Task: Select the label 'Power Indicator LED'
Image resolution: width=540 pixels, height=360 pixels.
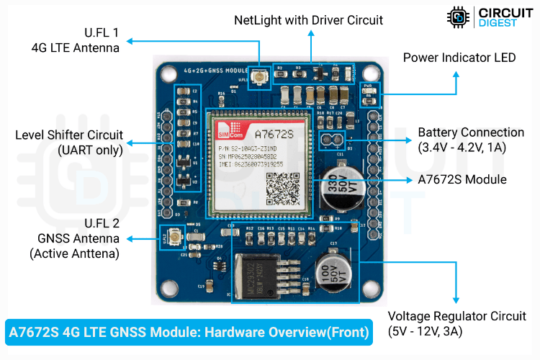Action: click(x=459, y=58)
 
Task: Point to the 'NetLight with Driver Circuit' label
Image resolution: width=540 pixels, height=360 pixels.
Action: click(x=309, y=20)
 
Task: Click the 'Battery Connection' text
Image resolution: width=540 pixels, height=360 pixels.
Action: click(x=471, y=132)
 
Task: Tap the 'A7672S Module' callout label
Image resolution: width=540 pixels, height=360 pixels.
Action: click(x=462, y=179)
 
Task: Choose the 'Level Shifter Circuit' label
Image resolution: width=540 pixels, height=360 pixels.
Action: click(x=69, y=135)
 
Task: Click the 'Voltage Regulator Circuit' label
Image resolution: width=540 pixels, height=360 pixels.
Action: click(x=456, y=316)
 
